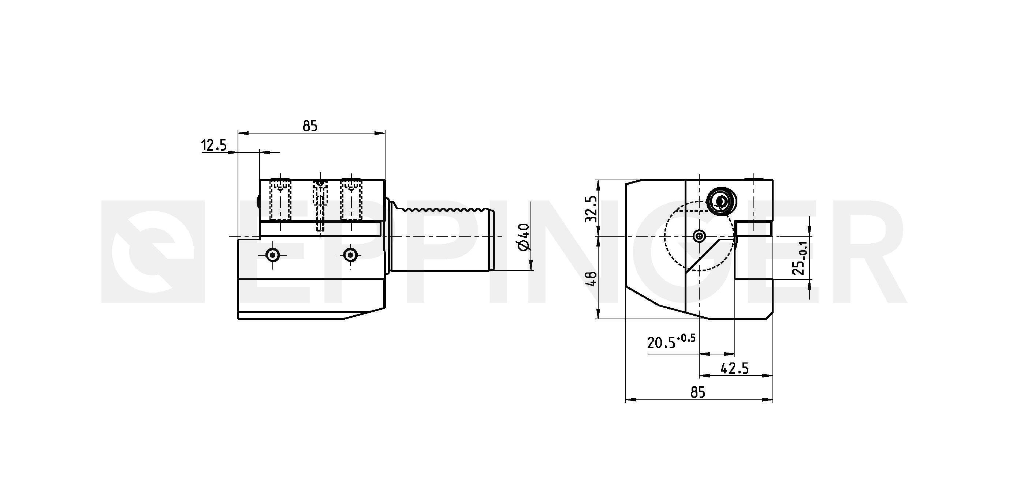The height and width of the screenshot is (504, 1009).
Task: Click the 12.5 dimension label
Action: [214, 145]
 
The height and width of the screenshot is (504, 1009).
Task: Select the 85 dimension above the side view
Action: [310, 126]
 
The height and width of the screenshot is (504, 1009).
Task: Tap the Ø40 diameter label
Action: [523, 237]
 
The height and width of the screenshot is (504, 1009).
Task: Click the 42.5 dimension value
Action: [734, 368]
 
